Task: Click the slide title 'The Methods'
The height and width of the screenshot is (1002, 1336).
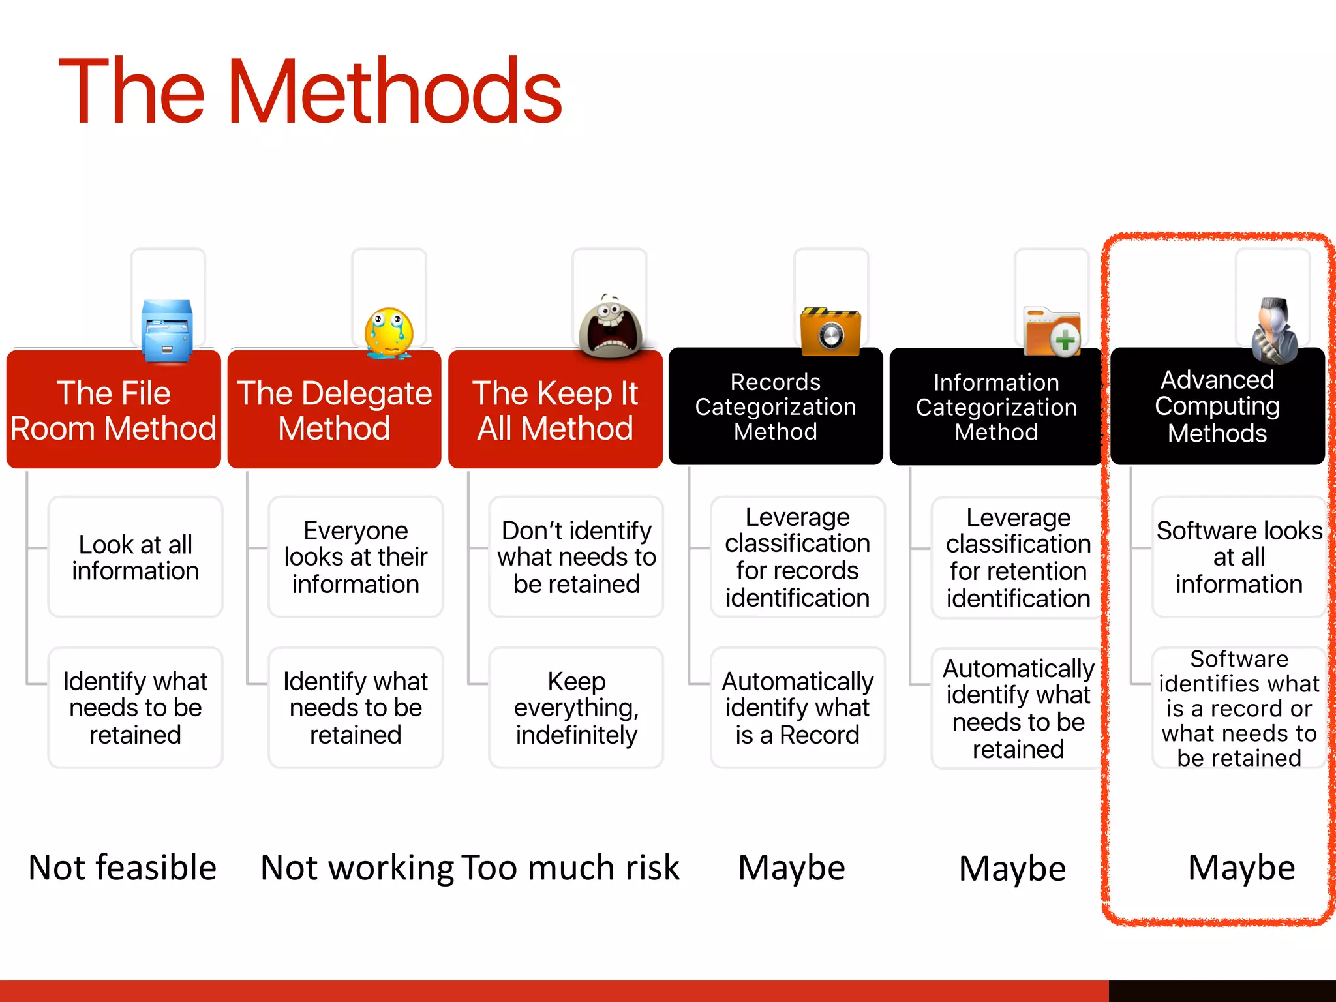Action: pyautogui.click(x=311, y=91)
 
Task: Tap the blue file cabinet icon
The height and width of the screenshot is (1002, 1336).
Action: pyautogui.click(x=167, y=330)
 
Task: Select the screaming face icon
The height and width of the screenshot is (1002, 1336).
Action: pyautogui.click(x=611, y=327)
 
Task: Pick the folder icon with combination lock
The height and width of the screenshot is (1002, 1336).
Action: pyautogui.click(x=830, y=332)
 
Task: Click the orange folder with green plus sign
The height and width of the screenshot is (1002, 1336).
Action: pyautogui.click(x=1052, y=331)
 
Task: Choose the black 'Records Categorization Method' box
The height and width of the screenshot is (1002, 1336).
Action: pyautogui.click(x=776, y=406)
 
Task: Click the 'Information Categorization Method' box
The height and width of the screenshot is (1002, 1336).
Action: pyautogui.click(x=996, y=407)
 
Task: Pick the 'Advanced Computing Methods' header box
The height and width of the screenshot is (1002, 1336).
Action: pyautogui.click(x=1217, y=406)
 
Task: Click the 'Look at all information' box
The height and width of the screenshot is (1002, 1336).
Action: pyautogui.click(x=135, y=557)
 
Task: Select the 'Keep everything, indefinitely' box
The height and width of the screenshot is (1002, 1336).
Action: pyautogui.click(x=576, y=708)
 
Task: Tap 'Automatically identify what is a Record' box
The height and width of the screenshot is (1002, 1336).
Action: pyautogui.click(x=797, y=708)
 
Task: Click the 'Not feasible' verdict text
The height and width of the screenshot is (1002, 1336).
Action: pyautogui.click(x=123, y=868)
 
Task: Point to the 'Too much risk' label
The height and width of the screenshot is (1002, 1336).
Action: pyautogui.click(x=571, y=868)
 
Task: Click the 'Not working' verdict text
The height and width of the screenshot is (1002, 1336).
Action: pyautogui.click(x=357, y=868)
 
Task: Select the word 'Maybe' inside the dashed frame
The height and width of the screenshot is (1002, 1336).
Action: pyautogui.click(x=1241, y=868)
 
